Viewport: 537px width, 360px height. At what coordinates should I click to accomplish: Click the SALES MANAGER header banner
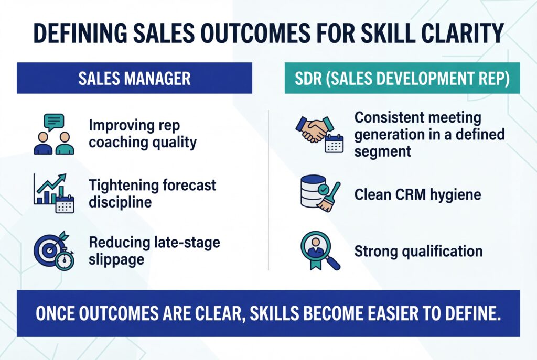(x=134, y=79)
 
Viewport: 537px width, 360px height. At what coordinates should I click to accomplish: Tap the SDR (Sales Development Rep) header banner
(x=402, y=79)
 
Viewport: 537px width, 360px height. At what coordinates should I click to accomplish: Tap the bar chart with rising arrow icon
(x=49, y=189)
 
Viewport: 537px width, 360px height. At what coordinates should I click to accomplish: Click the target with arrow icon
(x=50, y=247)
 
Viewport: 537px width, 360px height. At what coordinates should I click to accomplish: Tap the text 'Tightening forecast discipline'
(x=152, y=193)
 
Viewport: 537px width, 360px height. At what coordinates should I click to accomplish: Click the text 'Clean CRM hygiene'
(x=417, y=194)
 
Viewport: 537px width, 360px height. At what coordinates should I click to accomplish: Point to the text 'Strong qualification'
(x=418, y=251)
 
